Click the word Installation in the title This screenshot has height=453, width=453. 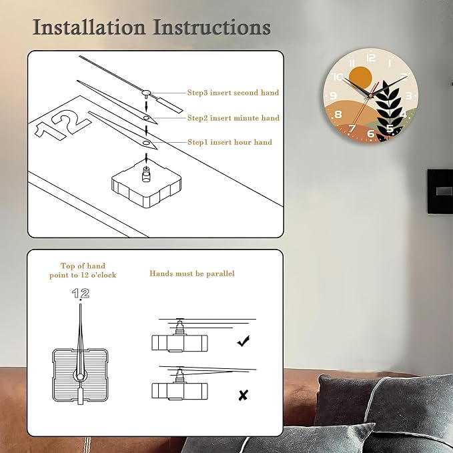[89, 27]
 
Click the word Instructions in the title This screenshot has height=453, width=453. [211, 27]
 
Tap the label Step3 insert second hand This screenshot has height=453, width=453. [233, 93]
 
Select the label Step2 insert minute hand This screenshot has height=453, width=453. [234, 118]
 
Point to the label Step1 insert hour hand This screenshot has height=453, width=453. [230, 142]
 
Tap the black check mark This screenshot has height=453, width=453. [244, 341]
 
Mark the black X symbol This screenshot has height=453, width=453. [244, 395]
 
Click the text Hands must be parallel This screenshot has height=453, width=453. [192, 274]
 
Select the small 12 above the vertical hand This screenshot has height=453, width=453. [81, 294]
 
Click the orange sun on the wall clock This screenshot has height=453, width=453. [360, 77]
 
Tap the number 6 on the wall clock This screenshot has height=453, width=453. [371, 133]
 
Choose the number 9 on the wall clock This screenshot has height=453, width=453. [333, 96]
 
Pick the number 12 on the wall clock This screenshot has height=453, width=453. [371, 58]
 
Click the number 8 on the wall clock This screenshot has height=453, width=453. [338, 114]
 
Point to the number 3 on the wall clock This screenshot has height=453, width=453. [408, 95]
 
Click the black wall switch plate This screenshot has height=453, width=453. [440, 192]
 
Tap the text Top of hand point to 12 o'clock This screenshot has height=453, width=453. [83, 270]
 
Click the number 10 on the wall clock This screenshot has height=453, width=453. [338, 77]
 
